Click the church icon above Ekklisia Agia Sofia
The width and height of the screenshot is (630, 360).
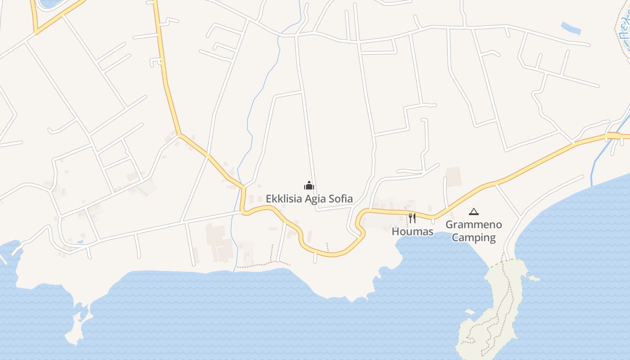coord(309,185)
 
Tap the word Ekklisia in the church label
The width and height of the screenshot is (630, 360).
coord(283,199)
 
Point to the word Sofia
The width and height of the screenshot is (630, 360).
coord(342,199)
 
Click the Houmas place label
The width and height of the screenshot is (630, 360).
coord(412,232)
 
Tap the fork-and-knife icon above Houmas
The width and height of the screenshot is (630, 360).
coord(412,218)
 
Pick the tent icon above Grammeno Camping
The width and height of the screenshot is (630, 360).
coord(473,211)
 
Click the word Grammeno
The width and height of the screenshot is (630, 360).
coord(473,225)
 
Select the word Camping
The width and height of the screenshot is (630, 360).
coord(473,238)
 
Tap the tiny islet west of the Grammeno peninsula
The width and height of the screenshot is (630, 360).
coord(470,311)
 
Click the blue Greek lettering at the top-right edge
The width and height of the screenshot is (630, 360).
coord(625,31)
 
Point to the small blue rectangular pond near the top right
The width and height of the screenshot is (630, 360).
coord(571,28)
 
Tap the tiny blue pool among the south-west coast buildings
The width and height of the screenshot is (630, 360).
coord(80,242)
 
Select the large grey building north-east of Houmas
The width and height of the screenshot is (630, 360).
coord(454,176)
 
